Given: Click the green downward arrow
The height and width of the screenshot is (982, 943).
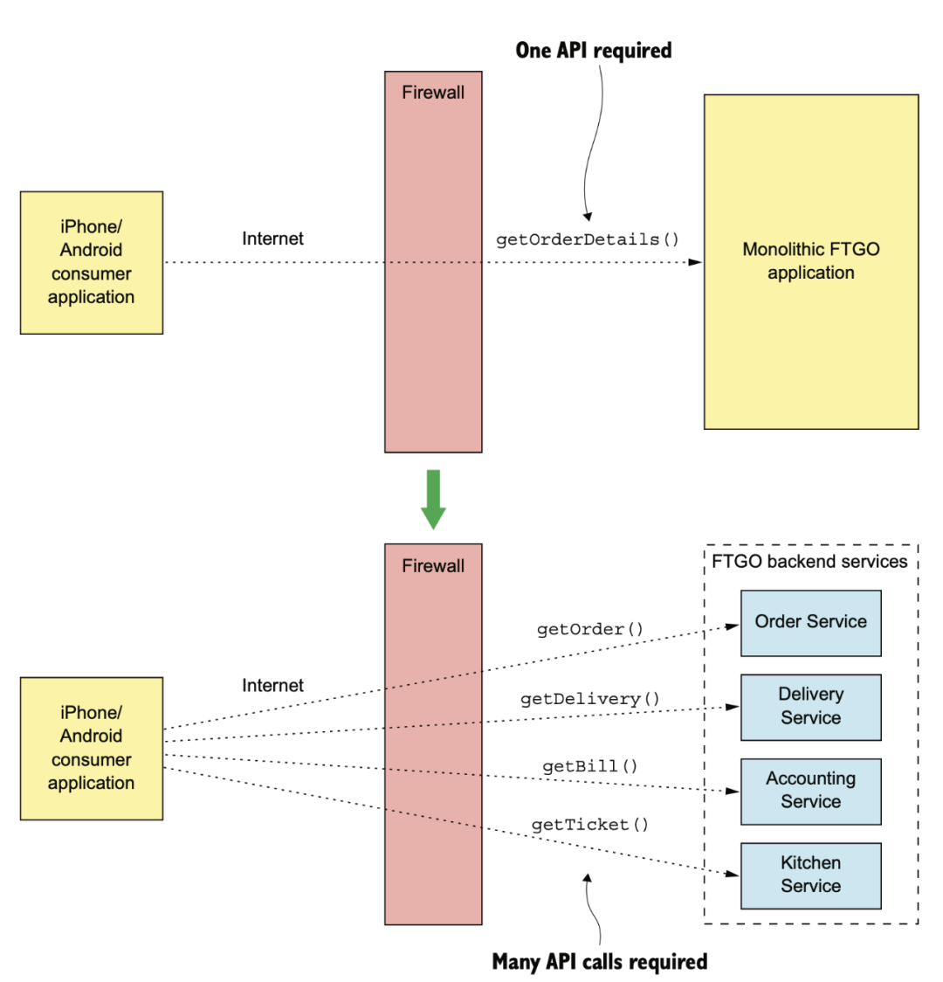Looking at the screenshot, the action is click(x=433, y=499).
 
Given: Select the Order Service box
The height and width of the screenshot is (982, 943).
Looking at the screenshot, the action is click(x=811, y=623).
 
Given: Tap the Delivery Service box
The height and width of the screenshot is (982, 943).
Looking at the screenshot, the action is click(x=811, y=707).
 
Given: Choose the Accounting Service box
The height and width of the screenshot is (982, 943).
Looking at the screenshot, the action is click(x=811, y=792).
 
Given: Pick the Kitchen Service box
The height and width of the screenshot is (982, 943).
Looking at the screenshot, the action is click(x=811, y=875).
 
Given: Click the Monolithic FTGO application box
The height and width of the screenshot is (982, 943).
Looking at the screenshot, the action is click(x=811, y=262).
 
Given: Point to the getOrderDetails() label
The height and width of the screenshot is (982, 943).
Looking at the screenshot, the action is click(x=588, y=240).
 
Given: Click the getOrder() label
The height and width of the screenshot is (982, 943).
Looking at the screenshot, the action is click(x=590, y=629).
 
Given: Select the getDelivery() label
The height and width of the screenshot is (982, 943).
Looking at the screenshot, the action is click(x=590, y=699).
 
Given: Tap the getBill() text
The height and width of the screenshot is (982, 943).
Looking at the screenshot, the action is click(x=590, y=766).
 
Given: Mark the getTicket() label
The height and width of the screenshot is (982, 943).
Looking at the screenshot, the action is click(x=590, y=825).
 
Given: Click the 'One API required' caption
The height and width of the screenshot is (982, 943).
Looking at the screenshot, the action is click(x=594, y=50).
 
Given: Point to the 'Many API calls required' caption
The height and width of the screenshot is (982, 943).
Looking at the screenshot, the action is click(x=600, y=961).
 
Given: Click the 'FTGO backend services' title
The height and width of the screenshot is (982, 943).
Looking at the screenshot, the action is click(x=809, y=561).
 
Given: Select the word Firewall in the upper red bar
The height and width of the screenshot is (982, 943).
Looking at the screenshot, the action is click(x=433, y=93).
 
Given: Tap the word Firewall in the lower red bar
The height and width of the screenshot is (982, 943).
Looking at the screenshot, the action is click(x=433, y=566).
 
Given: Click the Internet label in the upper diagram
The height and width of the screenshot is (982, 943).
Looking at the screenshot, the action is click(x=272, y=239).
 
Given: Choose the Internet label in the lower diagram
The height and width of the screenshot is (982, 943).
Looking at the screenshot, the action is click(x=272, y=686).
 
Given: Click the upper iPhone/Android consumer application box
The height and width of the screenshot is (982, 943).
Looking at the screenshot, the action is click(x=92, y=262).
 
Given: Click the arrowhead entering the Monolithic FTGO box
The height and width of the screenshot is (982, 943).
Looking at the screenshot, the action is click(x=695, y=262).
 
